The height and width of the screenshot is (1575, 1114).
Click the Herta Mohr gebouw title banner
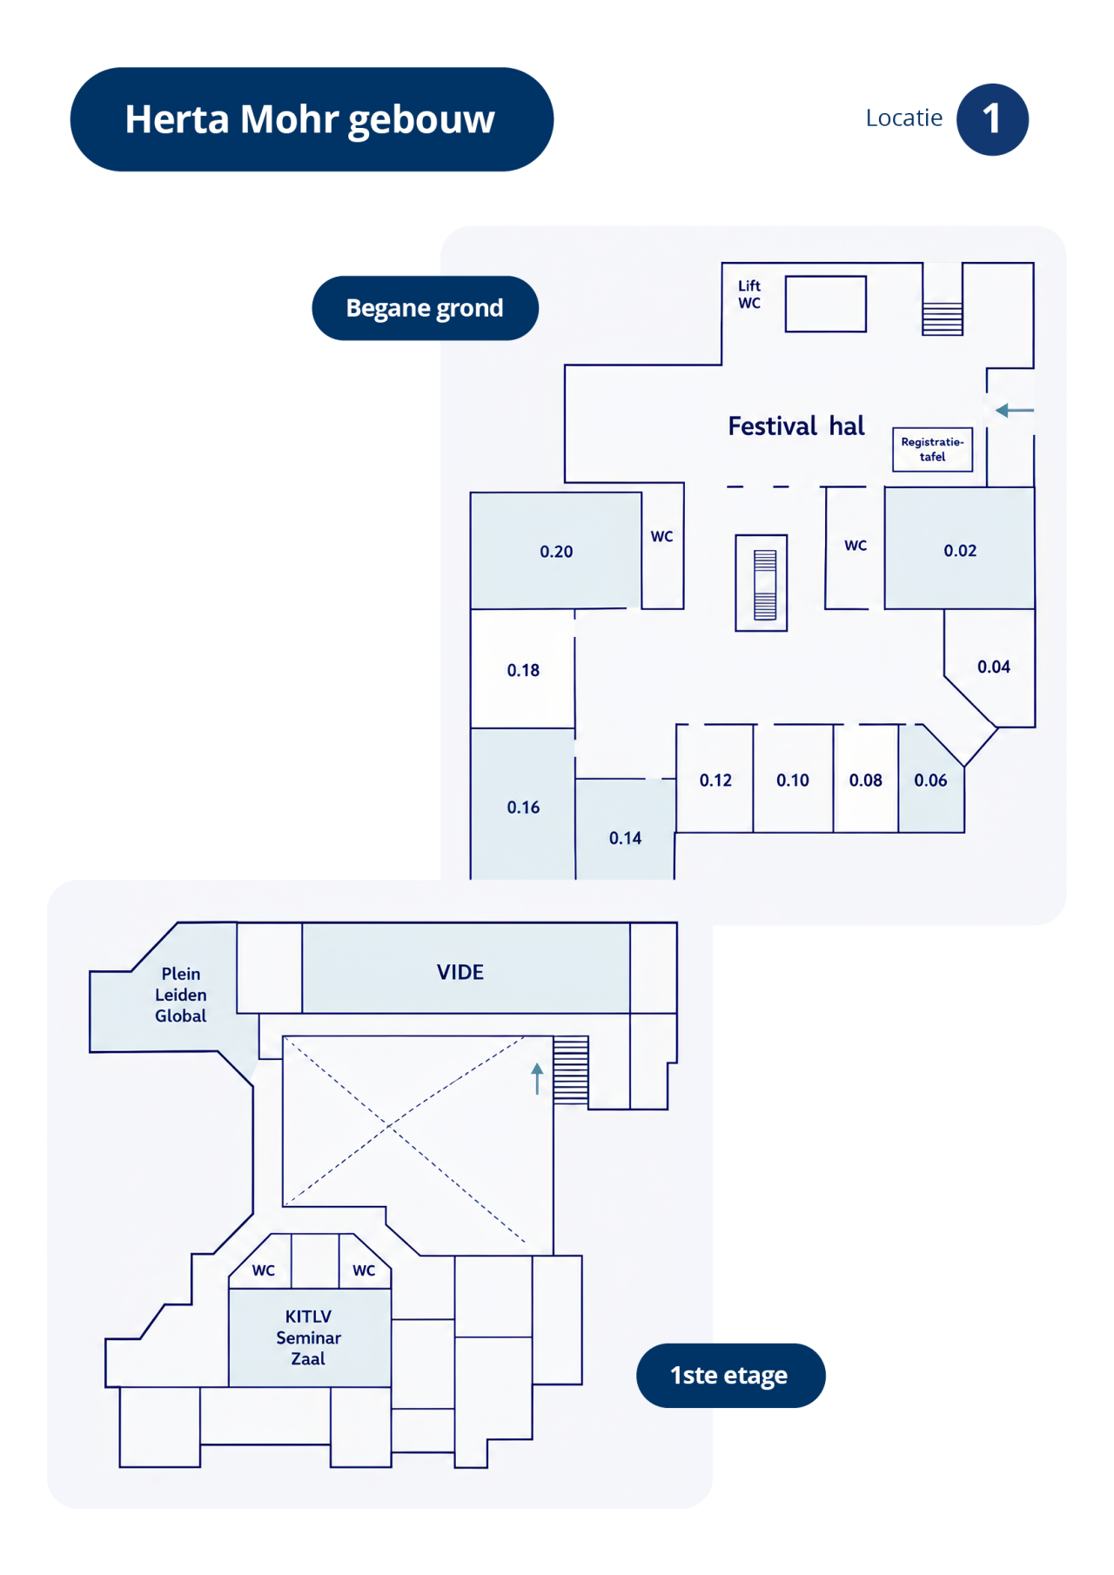coord(312,119)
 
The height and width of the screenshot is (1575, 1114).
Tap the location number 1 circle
coord(992,119)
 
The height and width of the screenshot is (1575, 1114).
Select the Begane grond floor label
coord(425,308)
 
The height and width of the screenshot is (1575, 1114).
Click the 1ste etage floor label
coord(730,1375)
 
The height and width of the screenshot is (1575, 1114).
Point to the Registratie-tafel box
coord(932,449)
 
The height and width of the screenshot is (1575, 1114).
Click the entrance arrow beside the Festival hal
coord(1015,410)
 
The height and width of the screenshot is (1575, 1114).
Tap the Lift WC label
coord(749,294)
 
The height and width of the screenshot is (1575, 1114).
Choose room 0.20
coord(556,551)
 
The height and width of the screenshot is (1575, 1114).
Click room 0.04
coord(993,667)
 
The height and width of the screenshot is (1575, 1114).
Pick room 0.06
coord(929,780)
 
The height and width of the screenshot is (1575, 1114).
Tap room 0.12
coord(715,779)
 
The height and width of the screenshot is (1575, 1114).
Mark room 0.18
coord(523,669)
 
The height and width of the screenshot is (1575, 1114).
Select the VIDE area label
coord(460,972)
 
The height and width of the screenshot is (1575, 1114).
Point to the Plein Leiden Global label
coord(181,995)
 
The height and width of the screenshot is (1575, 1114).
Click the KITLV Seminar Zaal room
coord(310,1337)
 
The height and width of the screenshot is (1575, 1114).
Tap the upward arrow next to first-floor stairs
coord(537,1078)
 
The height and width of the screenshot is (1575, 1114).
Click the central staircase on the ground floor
coord(762,583)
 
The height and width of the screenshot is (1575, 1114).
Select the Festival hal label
coord(796,426)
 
